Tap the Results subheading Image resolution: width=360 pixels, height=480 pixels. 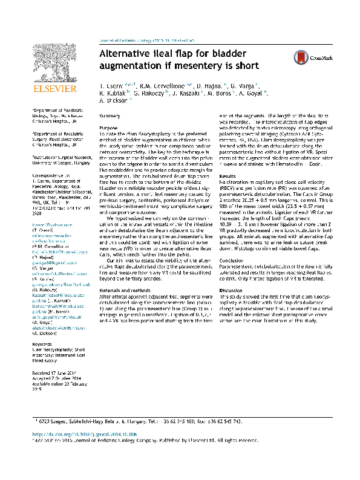[227, 175]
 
